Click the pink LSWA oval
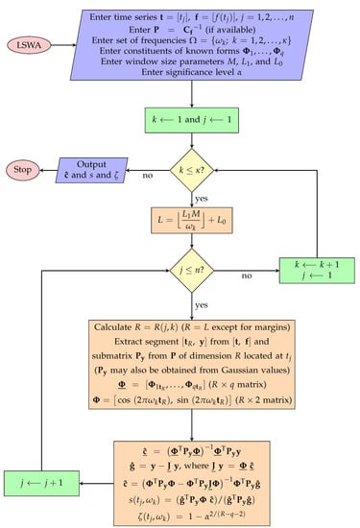28,44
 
